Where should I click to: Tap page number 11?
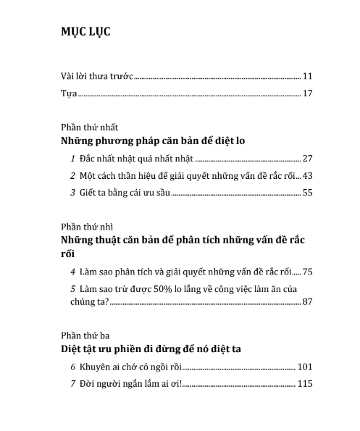pyautogui.click(x=307, y=75)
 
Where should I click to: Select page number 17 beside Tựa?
pyautogui.click(x=307, y=93)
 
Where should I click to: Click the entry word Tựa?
pyautogui.click(x=67, y=93)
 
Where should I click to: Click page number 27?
pyautogui.click(x=307, y=158)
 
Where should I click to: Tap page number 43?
pyautogui.click(x=307, y=175)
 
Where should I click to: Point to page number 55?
pyautogui.click(x=307, y=193)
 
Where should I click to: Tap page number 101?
pyautogui.click(x=305, y=367)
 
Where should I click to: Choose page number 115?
pyautogui.click(x=305, y=383)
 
